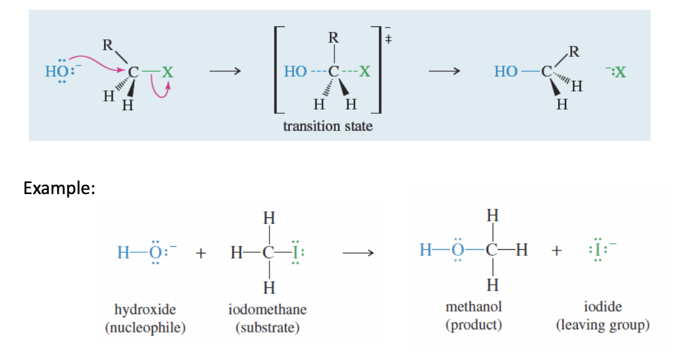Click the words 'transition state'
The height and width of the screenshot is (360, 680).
click(x=328, y=126)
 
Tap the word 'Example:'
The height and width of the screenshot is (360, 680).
click(x=59, y=188)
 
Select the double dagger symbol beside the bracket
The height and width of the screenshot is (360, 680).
click(x=388, y=39)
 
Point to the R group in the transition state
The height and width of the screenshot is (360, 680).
click(x=333, y=37)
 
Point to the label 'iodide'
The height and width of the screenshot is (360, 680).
click(x=603, y=307)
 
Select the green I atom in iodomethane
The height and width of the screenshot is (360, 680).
click(x=295, y=252)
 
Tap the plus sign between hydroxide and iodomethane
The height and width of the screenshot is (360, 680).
click(x=200, y=252)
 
